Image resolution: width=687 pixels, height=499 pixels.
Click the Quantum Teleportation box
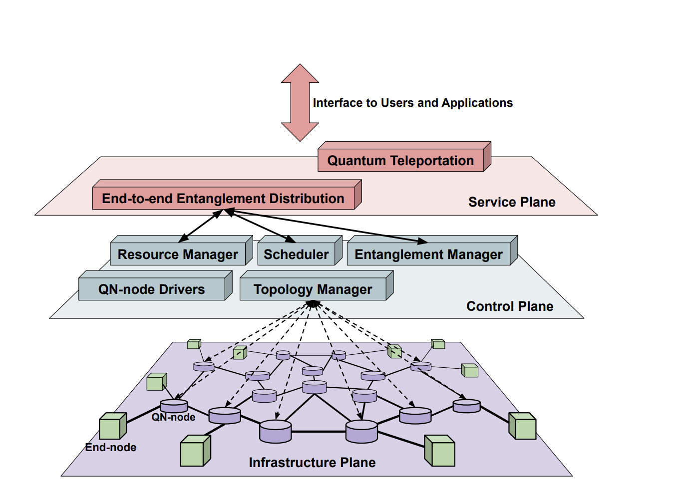pos(401,160)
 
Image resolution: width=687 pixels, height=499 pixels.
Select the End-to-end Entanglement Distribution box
pos(223,198)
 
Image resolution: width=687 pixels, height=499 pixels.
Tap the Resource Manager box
pos(178,254)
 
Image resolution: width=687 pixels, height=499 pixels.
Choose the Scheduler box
pos(296,254)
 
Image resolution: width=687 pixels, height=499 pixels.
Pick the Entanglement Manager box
pos(428,254)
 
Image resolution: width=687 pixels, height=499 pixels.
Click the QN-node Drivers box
pos(151,289)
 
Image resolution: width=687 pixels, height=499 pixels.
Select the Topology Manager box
pos(313,289)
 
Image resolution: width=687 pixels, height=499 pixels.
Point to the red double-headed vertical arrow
pos(300,102)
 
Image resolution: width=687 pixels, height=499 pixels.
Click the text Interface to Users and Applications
pos(412,103)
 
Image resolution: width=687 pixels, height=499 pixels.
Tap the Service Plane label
pos(512,202)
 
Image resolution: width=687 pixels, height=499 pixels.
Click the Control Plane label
pos(510,306)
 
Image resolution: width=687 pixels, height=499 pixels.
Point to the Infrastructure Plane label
pos(312,463)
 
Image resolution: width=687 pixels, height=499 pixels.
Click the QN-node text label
pos(173,417)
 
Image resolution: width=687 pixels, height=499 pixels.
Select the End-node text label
pos(110,448)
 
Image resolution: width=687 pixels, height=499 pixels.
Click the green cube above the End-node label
pos(112,427)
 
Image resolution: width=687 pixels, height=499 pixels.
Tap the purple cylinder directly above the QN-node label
pos(174,406)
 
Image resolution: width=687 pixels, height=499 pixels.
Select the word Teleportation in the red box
pos(432,160)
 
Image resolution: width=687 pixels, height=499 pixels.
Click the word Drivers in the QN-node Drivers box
pos(181,289)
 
